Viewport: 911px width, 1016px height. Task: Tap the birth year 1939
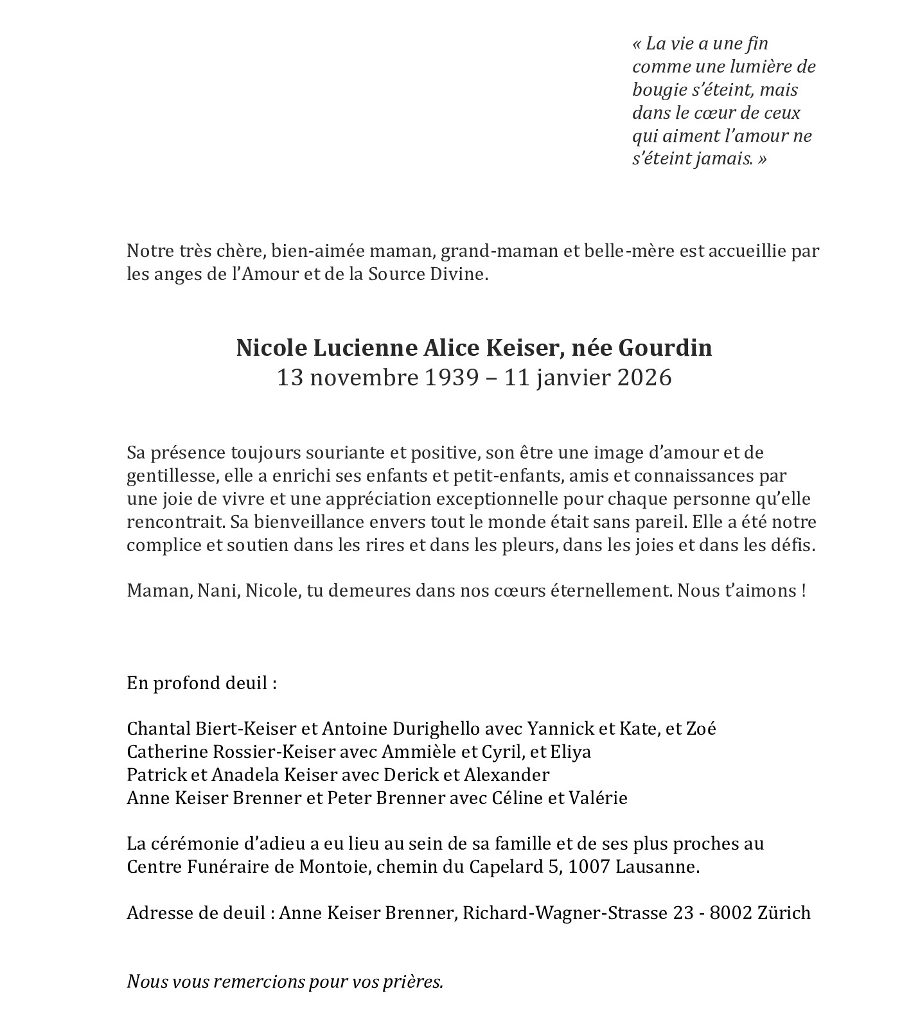click(452, 377)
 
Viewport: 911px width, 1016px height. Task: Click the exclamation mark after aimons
click(803, 590)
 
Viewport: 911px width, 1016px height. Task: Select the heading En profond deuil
click(201, 682)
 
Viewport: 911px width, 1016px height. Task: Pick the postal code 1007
click(589, 867)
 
